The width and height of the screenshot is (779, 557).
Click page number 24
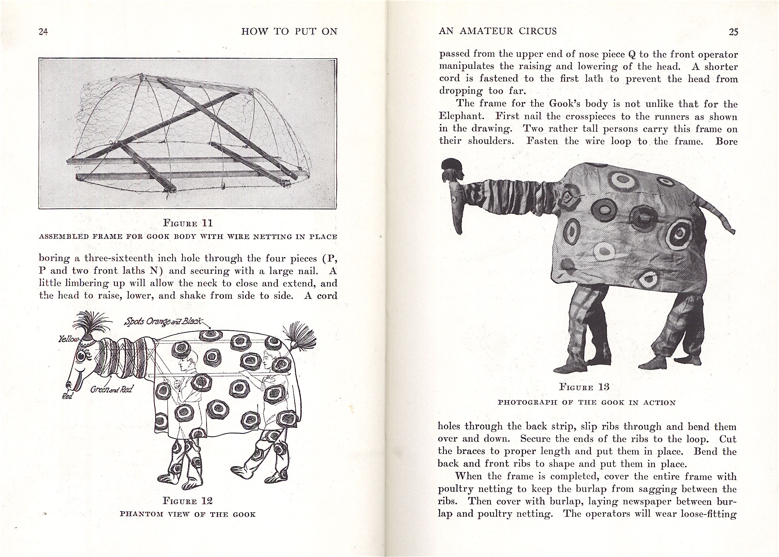(x=44, y=32)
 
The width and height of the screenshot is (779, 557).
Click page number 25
(x=734, y=32)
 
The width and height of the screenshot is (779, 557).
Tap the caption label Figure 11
(x=188, y=223)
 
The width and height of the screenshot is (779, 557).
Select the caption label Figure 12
(x=188, y=501)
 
